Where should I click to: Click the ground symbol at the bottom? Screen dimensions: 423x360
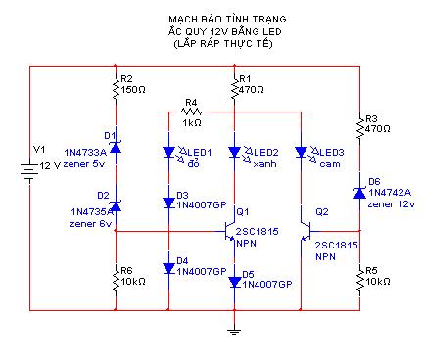(234, 332)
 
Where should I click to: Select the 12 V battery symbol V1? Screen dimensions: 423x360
(29, 170)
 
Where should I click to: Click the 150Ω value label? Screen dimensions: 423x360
(133, 89)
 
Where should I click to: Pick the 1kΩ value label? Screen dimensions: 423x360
(192, 123)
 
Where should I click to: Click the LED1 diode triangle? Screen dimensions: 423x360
(168, 152)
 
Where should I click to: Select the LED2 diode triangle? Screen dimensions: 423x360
(234, 152)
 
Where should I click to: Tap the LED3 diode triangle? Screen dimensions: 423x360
(301, 152)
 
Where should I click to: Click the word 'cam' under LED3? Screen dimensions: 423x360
(330, 164)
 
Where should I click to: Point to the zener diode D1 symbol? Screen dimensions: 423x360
(116, 148)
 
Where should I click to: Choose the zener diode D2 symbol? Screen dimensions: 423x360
(116, 206)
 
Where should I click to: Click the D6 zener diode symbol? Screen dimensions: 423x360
(359, 193)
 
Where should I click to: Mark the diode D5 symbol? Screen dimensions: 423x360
(234, 282)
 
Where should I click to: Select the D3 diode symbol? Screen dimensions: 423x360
(168, 202)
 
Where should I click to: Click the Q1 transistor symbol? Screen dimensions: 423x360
(229, 232)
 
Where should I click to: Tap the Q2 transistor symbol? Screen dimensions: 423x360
(305, 232)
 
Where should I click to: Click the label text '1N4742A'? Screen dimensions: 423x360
(390, 193)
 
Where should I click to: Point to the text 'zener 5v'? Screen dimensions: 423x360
(84, 164)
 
